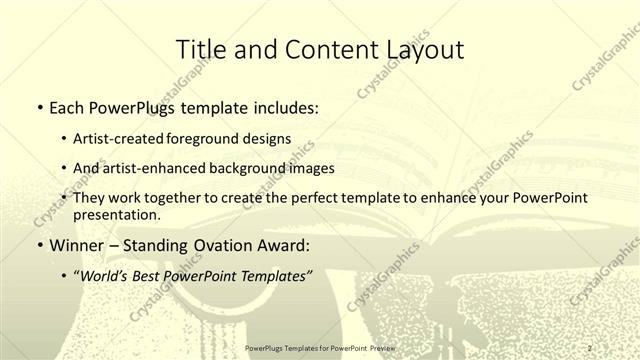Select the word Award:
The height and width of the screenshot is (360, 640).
[x=285, y=244]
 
